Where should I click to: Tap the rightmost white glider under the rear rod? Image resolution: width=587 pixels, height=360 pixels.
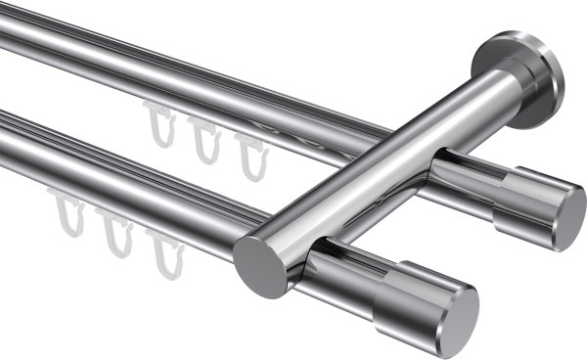(x=251, y=157)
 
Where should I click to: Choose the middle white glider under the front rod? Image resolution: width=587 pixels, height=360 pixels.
(x=117, y=235)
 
